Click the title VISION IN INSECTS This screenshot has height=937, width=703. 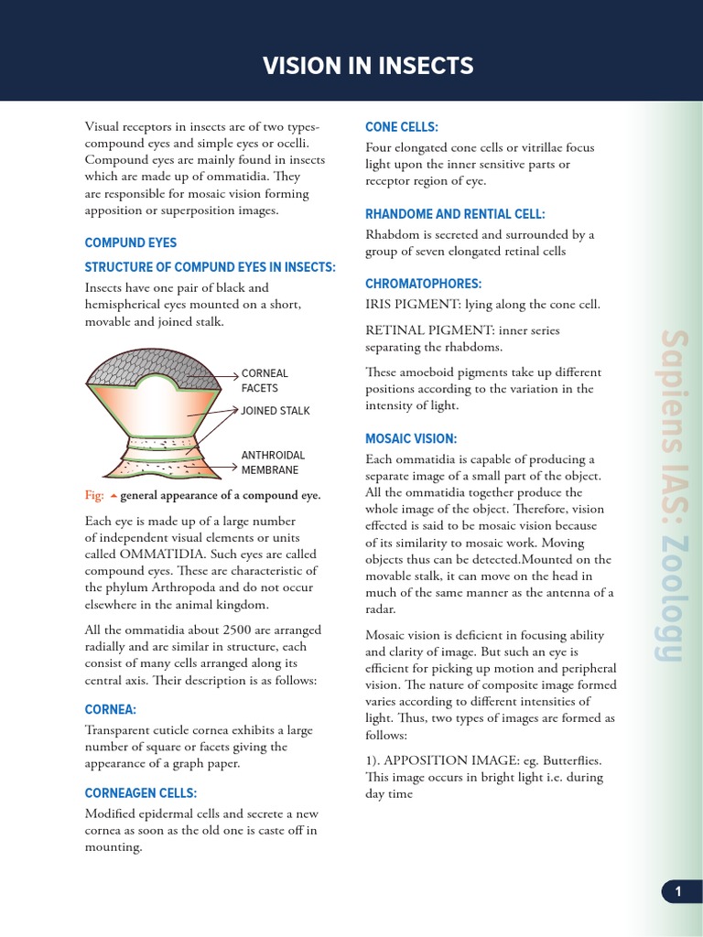368,66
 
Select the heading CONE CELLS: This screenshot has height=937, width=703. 402,126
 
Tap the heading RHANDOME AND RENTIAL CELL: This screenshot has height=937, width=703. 455,214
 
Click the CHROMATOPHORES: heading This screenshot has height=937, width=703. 423,284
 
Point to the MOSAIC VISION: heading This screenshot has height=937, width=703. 411,438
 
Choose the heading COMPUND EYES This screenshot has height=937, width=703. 131,242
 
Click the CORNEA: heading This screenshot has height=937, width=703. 110,709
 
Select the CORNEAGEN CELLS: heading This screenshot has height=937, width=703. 141,792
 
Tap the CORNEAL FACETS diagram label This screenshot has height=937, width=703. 265,381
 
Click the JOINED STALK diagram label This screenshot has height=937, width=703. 276,411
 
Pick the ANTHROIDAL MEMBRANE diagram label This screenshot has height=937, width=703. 273,462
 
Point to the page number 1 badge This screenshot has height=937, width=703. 678,891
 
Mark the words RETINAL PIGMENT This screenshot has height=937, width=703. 423,330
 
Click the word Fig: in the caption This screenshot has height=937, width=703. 94,495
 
